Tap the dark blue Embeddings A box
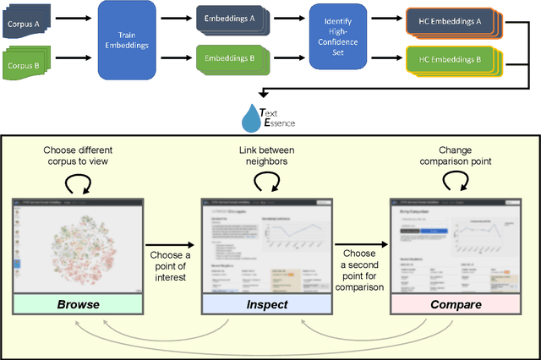click(x=227, y=19)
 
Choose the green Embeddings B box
click(x=227, y=60)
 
